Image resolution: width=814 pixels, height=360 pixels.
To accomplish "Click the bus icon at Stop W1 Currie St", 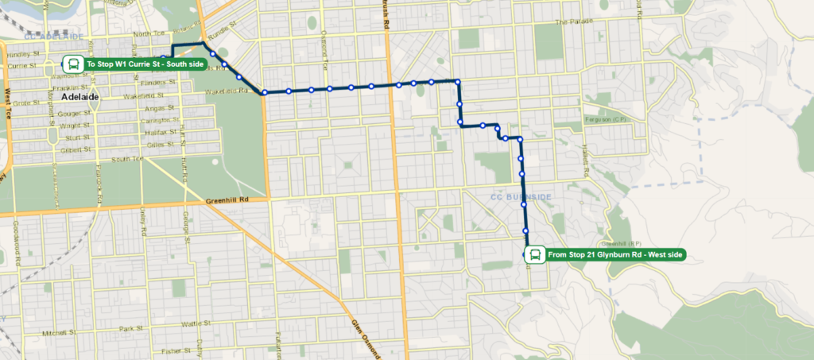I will pyautogui.click(x=72, y=64).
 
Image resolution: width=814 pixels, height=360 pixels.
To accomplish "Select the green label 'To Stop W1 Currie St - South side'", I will pyautogui.click(x=144, y=64).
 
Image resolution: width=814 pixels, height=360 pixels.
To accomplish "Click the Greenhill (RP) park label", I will pyautogui.click(x=622, y=244).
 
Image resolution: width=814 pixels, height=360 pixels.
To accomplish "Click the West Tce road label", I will pyautogui.click(x=7, y=103).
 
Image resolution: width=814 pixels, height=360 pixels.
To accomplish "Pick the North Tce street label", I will pyautogui.click(x=150, y=34).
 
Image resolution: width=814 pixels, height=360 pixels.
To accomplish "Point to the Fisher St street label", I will pyautogui.click(x=172, y=350).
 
